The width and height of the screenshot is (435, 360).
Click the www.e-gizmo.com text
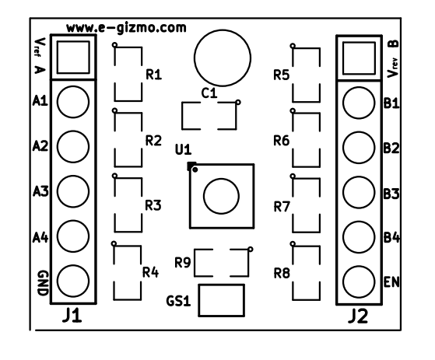click(x=126, y=28)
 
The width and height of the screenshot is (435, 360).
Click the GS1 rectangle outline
click(x=221, y=285)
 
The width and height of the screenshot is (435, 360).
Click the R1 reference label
click(x=154, y=75)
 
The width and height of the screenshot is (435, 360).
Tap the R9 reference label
click(x=183, y=263)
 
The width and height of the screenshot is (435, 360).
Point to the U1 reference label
click(x=184, y=149)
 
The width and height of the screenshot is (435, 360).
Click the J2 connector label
click(x=358, y=316)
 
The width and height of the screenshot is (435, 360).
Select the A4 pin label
click(x=40, y=237)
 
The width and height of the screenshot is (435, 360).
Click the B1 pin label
click(x=391, y=103)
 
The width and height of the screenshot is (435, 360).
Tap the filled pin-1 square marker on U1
click(x=191, y=166)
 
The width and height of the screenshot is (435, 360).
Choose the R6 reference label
click(x=282, y=141)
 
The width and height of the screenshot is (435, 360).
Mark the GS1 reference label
click(x=179, y=301)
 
